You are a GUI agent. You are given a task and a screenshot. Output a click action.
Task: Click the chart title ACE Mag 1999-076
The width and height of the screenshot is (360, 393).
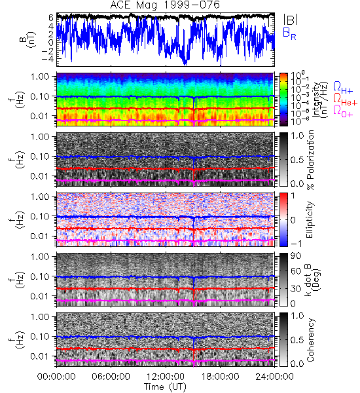tap(165, 5)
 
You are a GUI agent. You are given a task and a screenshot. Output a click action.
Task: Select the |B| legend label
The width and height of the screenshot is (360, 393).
tap(291, 20)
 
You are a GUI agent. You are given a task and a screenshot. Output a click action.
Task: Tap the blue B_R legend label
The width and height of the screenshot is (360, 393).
tap(289, 33)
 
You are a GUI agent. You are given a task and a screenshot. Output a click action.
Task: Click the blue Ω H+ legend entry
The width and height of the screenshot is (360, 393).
tap(343, 88)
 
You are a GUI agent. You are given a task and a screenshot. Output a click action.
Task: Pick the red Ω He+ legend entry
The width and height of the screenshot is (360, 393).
tap(345, 100)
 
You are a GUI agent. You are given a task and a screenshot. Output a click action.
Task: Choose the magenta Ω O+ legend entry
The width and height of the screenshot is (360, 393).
tap(343, 111)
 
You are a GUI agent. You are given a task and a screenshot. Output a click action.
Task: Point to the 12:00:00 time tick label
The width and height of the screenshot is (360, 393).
tap(166, 377)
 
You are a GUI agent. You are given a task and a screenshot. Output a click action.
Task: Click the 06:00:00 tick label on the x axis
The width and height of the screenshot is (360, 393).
tap(111, 377)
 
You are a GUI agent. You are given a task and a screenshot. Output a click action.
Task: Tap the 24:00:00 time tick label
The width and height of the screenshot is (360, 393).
tap(274, 377)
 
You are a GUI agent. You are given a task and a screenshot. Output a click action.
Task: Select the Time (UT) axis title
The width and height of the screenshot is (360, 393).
tap(165, 386)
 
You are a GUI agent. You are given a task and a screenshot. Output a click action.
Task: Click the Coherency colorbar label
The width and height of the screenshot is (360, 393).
tap(310, 340)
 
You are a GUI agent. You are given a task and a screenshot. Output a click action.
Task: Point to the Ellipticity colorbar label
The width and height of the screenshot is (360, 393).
tap(310, 219)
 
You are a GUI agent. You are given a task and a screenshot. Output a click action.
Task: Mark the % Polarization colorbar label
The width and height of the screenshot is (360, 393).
tap(311, 160)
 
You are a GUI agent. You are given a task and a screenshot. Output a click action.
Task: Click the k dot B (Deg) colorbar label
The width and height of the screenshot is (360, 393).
tap(313, 280)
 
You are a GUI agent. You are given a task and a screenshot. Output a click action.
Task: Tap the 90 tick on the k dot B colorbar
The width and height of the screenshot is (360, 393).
tap(296, 255)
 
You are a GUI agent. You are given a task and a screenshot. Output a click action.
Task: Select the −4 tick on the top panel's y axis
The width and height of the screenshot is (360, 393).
tap(48, 59)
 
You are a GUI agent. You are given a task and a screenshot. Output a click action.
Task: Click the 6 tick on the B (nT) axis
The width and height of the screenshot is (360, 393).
tap(51, 18)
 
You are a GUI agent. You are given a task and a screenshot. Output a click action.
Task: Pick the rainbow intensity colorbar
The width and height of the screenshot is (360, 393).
tap(283, 100)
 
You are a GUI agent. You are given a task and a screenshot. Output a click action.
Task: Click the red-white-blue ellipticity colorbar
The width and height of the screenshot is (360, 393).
tap(283, 219)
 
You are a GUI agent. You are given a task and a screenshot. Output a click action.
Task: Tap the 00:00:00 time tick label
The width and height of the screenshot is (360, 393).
tap(56, 377)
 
